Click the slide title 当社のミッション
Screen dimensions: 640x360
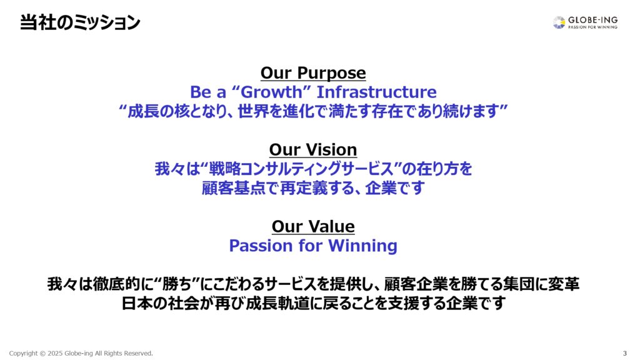(x=80, y=22)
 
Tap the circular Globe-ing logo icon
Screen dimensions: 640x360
(x=559, y=22)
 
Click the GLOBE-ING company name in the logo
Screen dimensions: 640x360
(x=592, y=19)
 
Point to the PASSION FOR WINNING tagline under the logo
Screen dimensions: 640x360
(x=592, y=27)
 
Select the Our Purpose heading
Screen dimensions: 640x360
(x=313, y=73)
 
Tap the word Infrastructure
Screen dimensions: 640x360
(x=376, y=92)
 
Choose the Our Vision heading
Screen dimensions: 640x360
(x=313, y=150)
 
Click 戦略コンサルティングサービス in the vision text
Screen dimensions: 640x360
(x=301, y=169)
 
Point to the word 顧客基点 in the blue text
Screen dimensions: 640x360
(x=233, y=188)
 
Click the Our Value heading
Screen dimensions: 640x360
(x=313, y=226)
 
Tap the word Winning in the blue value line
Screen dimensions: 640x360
(x=362, y=246)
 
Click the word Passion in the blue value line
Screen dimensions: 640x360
(x=261, y=245)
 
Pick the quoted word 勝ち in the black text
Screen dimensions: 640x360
(x=177, y=284)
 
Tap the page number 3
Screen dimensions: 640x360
(x=625, y=354)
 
